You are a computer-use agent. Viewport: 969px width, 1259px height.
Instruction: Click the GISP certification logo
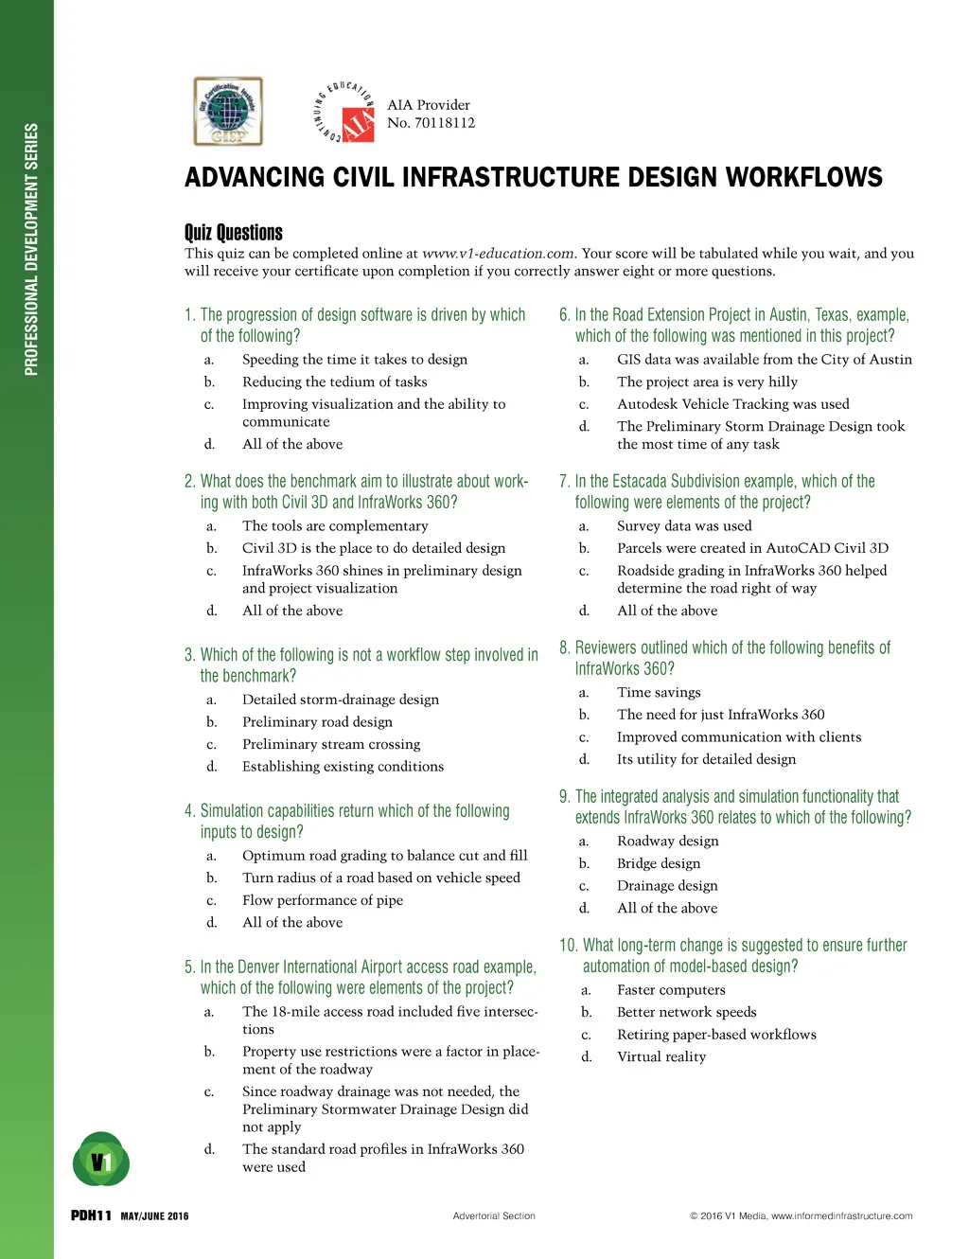228,112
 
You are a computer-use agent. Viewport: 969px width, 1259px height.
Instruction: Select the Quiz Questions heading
234,233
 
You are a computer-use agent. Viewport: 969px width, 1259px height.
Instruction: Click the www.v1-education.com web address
498,254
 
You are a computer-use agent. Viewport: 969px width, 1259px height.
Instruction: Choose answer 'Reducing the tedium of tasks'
334,381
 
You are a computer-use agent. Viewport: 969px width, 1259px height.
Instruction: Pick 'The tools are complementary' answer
335,525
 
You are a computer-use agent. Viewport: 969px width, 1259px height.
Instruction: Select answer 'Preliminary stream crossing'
331,744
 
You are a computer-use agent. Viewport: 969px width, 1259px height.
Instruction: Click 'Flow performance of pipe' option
323,900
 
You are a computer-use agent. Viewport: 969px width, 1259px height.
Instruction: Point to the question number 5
189,967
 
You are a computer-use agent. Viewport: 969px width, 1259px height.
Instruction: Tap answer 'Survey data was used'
684,525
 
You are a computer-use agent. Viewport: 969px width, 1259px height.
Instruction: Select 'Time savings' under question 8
659,692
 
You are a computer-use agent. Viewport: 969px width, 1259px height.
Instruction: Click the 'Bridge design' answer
659,863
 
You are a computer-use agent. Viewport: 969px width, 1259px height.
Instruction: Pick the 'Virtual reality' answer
661,1056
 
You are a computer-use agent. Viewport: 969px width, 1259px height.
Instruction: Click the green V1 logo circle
101,1161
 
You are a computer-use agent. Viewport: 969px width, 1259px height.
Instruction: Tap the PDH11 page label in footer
92,1216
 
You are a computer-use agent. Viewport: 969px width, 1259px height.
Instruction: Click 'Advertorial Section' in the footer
494,1216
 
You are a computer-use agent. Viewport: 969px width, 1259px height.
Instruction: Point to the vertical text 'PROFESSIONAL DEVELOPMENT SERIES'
32,249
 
